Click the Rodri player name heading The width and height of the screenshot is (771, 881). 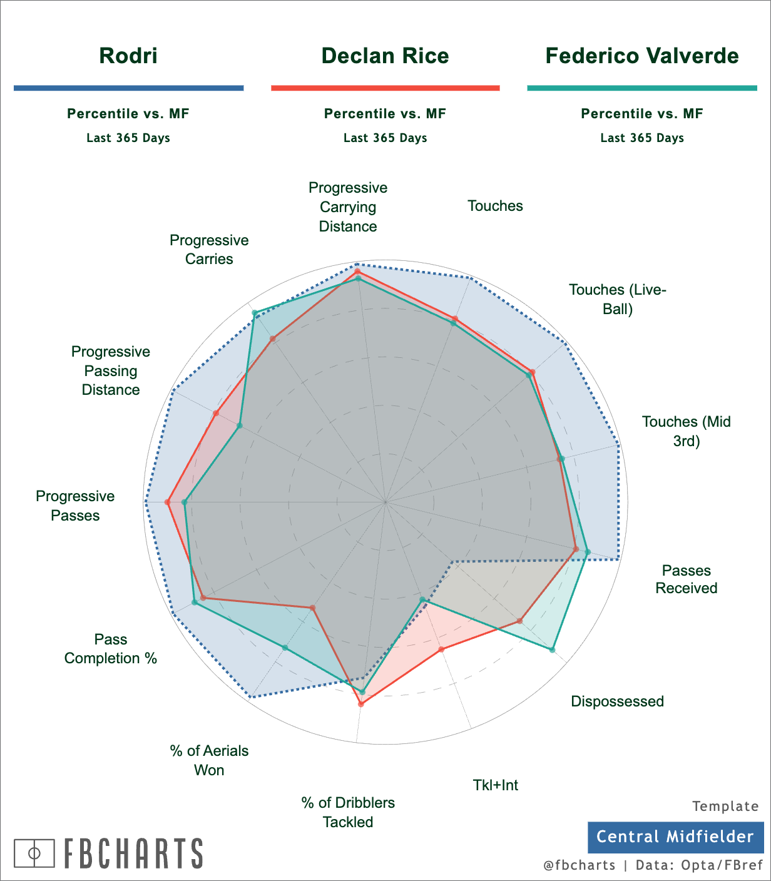pyautogui.click(x=128, y=56)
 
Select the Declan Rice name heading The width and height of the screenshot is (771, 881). pyautogui.click(x=385, y=56)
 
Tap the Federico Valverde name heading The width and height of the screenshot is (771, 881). pyautogui.click(x=642, y=56)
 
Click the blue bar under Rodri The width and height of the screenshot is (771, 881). pyautogui.click(x=128, y=88)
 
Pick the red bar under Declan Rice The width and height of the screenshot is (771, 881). pyautogui.click(x=385, y=88)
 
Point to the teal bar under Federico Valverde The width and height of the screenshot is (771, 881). pyautogui.click(x=642, y=88)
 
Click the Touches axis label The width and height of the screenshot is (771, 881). pyautogui.click(x=495, y=206)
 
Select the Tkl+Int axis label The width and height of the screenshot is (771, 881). pyautogui.click(x=495, y=785)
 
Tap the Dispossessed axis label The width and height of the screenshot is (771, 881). pyautogui.click(x=617, y=701)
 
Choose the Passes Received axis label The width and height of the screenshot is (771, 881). pyautogui.click(x=686, y=579)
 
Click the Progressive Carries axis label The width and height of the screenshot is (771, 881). pyautogui.click(x=209, y=250)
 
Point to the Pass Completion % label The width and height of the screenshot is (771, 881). pyautogui.click(x=111, y=649)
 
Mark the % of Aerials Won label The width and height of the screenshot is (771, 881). pyautogui.click(x=209, y=760)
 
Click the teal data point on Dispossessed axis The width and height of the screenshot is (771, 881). pyautogui.click(x=552, y=650)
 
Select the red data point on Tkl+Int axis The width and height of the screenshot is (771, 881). pyautogui.click(x=441, y=649)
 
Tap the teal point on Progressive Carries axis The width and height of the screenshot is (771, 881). pyautogui.click(x=254, y=313)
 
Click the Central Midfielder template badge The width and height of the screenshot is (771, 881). pyautogui.click(x=675, y=837)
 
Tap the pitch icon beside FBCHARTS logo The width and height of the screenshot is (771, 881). pyautogui.click(x=35, y=853)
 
